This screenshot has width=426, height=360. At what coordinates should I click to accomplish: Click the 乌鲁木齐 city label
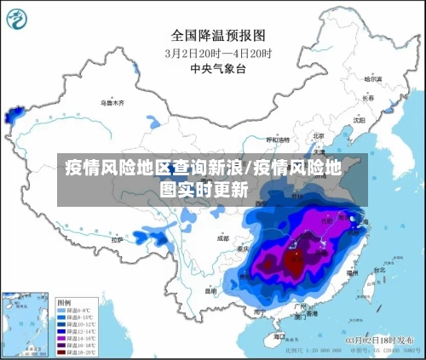click(112, 102)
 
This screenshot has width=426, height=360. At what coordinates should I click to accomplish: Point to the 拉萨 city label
click(118, 240)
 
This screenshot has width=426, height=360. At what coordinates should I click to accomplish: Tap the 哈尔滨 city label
click(372, 79)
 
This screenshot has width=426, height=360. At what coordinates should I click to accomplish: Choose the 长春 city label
click(367, 98)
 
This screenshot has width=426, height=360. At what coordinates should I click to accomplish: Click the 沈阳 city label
click(359, 120)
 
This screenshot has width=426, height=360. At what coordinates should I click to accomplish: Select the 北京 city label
click(319, 135)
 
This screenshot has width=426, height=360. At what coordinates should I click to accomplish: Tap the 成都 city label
click(223, 239)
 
